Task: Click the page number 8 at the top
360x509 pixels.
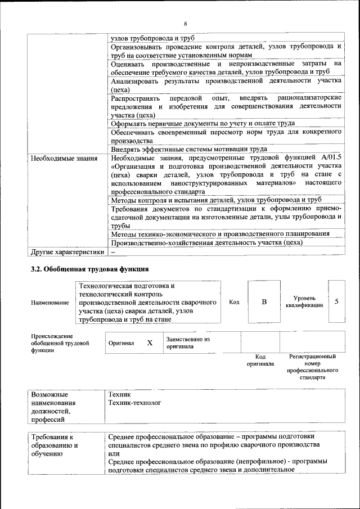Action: click(184, 23)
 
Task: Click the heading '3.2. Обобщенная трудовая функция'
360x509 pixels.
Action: click(89, 269)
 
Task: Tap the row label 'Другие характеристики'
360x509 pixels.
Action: click(67, 251)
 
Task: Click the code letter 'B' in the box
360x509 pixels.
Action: click(264, 302)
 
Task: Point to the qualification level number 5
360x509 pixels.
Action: click(336, 301)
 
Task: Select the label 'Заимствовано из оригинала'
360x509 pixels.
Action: click(187, 343)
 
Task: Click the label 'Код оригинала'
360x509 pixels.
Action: click(260, 360)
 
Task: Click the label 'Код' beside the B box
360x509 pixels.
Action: click(235, 302)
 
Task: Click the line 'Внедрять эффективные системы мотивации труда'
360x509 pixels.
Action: click(188, 149)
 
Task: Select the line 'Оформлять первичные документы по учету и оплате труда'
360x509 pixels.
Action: click(202, 123)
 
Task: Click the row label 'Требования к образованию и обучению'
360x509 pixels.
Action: click(55, 444)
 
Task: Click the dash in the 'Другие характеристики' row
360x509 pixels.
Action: click(113, 251)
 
